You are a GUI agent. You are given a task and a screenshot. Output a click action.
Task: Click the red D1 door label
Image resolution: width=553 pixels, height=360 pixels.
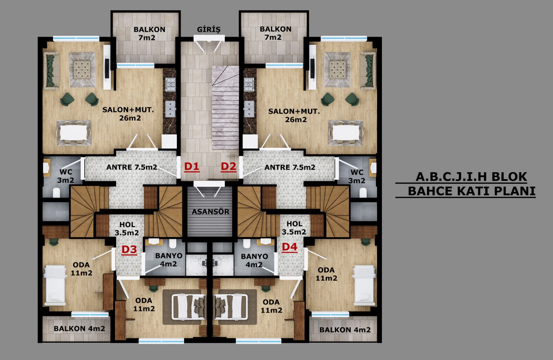coord(192,167)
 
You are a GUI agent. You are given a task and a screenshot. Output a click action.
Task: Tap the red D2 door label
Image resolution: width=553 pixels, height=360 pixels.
coord(228,167)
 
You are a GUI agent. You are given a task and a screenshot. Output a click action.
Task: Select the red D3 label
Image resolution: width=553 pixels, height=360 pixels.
coord(129,250)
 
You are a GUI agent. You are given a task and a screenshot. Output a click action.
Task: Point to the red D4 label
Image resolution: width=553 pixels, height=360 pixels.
coord(289,247)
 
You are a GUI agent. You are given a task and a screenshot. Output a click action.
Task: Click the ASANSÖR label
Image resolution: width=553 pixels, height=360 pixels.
coord(210,212)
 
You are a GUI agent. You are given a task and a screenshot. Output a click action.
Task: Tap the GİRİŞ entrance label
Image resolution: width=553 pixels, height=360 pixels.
coord(209,29)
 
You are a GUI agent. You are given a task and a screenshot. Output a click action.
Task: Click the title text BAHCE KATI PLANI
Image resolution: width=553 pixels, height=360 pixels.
coord(471,191)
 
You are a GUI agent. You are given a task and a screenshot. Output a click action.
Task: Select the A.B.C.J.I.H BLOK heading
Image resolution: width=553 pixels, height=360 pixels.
coord(471,177)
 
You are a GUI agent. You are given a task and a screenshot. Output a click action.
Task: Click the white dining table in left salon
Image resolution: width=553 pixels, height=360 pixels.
coord(74,133)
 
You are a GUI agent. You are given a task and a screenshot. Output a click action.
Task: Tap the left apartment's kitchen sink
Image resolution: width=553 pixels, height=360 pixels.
coord(170,109)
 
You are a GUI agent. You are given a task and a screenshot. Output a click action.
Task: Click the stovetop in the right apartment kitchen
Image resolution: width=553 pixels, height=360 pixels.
coord(249,84)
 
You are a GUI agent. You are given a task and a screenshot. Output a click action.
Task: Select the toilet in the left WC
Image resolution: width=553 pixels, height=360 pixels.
coord(57,193)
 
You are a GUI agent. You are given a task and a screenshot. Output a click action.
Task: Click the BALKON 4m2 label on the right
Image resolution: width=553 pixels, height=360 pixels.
coord(345,330)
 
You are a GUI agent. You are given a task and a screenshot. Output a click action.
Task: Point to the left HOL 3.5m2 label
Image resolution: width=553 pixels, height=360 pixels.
coord(127,229)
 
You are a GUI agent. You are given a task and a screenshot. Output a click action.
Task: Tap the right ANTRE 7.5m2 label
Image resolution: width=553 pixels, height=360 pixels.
coord(290,167)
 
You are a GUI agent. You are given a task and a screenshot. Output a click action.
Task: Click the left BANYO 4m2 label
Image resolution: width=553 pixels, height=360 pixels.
coord(169,260)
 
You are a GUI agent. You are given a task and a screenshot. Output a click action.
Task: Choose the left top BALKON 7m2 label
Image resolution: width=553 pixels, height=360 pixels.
coord(149,33)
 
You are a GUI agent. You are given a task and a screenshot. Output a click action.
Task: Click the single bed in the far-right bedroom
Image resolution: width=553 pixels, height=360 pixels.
coord(364,286)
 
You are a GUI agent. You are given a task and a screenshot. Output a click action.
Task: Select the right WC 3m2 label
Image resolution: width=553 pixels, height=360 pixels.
coord(357,176)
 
